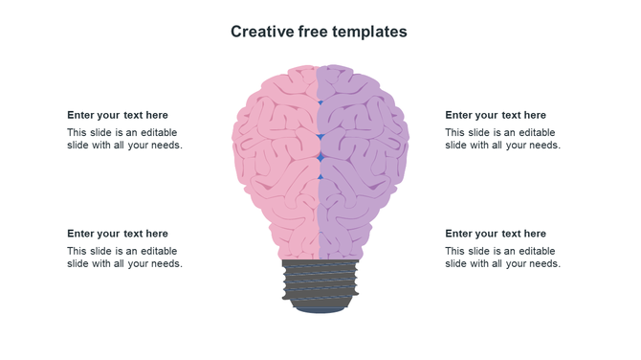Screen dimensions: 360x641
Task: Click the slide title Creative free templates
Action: click(319, 32)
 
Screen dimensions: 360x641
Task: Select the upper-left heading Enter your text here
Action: click(118, 115)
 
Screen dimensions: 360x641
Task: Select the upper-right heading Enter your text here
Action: click(496, 115)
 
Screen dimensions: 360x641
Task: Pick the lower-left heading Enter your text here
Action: click(118, 234)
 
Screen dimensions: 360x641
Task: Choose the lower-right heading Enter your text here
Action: click(496, 234)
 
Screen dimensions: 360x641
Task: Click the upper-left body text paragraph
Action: click(124, 139)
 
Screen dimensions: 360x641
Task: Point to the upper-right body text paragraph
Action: click(502, 139)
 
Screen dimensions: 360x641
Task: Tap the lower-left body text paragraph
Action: click(124, 258)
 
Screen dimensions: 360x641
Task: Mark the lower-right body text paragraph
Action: click(502, 258)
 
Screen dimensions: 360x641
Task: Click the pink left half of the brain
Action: click(277, 153)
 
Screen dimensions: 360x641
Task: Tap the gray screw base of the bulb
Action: click(320, 281)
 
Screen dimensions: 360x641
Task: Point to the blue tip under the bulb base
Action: click(320, 309)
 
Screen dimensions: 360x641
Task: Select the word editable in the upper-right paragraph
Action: click(537, 133)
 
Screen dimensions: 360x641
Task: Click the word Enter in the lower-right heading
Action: click(460, 234)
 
